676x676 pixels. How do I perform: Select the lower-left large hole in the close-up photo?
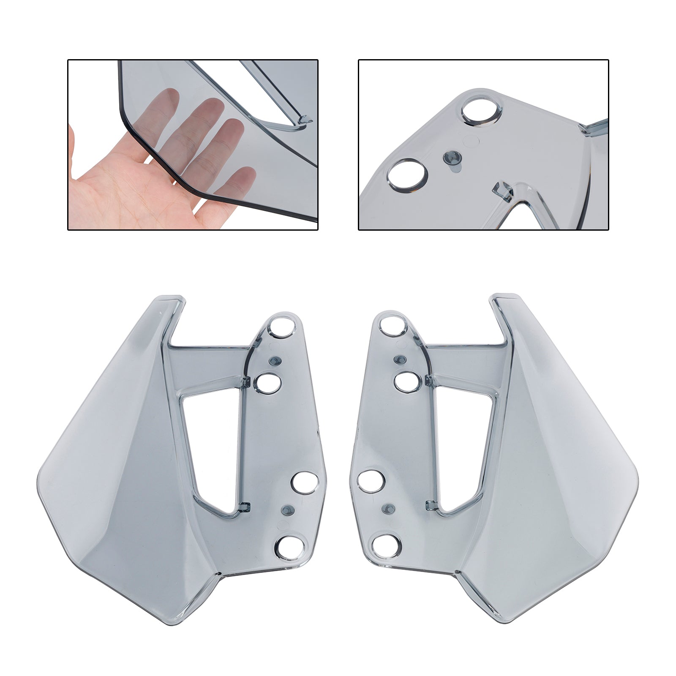[x=407, y=174]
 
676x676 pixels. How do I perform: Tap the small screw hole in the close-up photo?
[x=450, y=158]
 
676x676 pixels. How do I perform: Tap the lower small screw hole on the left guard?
[x=289, y=509]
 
